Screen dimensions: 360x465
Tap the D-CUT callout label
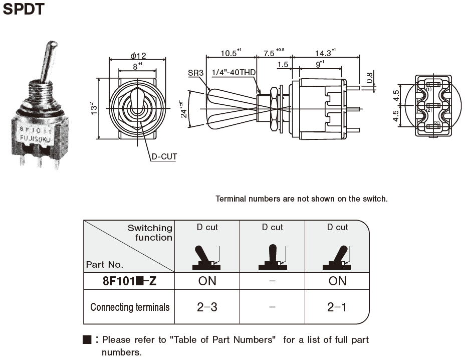point(164,157)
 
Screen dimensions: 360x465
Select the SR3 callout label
point(195,73)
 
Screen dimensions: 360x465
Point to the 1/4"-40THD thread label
point(234,73)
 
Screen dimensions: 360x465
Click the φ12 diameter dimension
point(138,55)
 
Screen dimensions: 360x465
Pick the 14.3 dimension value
point(323,53)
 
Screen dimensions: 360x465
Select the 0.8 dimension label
point(370,78)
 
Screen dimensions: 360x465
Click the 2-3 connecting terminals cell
point(207,307)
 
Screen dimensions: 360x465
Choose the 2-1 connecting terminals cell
point(337,307)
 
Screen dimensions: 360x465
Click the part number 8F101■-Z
point(129,281)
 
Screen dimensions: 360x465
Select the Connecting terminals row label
point(130,307)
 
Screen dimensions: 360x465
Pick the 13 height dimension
point(93,108)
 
